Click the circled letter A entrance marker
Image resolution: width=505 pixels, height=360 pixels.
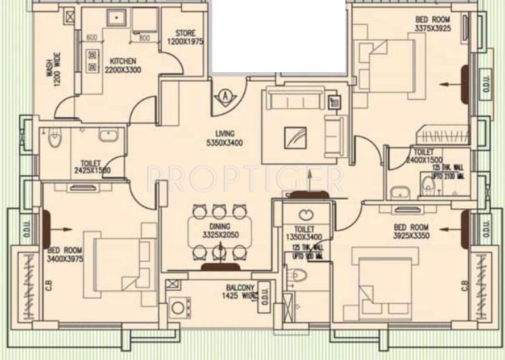tap(225, 96)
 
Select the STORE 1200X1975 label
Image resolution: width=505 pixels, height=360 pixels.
tap(185, 37)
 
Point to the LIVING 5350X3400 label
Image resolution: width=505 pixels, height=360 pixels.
tap(225, 139)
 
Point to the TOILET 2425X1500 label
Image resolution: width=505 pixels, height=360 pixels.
tap(91, 166)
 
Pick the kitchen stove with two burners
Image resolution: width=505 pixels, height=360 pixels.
tap(92, 60)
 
